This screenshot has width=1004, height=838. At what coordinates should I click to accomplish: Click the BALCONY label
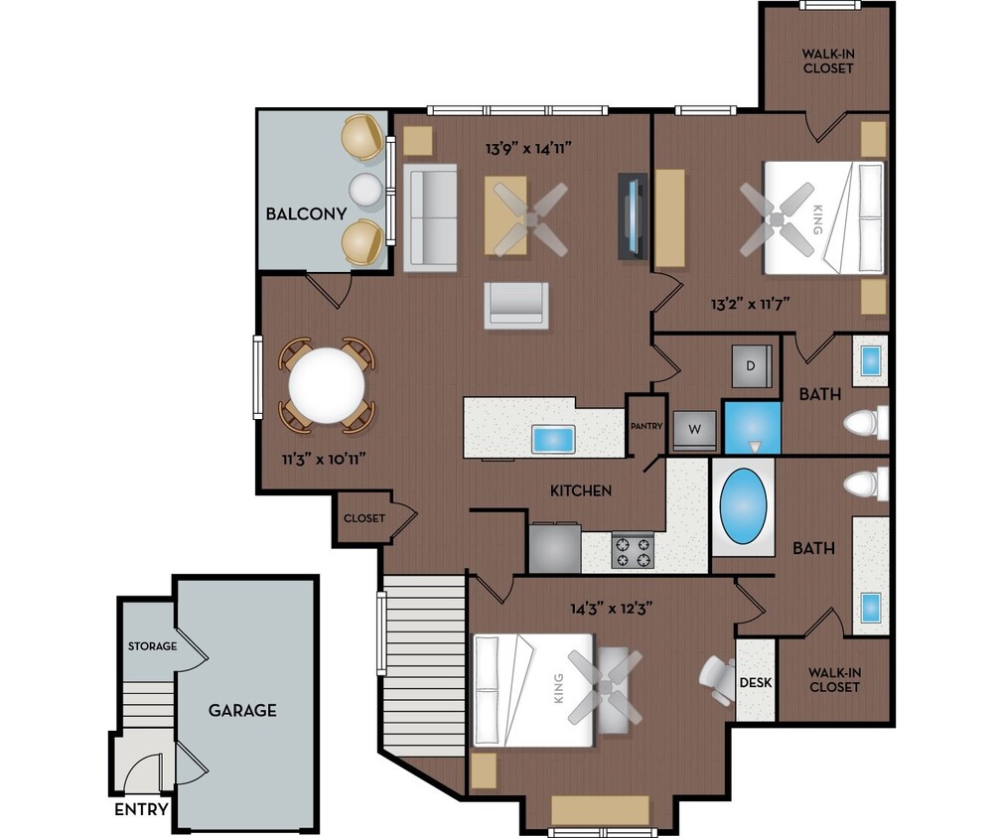306,213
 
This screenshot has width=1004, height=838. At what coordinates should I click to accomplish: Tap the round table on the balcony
364,189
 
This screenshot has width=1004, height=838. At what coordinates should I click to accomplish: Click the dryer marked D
751,366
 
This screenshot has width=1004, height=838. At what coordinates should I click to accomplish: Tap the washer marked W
693,431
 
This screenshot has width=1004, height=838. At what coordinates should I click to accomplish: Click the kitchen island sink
553,438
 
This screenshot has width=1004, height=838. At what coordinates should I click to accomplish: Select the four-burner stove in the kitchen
632,551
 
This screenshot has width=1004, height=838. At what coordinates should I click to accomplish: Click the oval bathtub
742,506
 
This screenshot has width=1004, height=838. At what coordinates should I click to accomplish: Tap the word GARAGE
242,710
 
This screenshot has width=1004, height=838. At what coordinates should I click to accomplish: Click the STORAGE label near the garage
152,646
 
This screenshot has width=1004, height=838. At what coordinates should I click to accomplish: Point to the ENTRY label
141,809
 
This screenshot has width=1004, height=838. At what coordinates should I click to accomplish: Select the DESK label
755,682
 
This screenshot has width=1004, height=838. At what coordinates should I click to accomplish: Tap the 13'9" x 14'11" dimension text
527,149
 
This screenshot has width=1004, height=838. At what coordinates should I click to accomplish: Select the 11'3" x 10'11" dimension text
323,460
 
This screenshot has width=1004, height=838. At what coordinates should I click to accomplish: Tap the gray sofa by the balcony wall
431,218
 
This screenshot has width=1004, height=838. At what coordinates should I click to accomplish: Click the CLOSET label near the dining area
364,518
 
